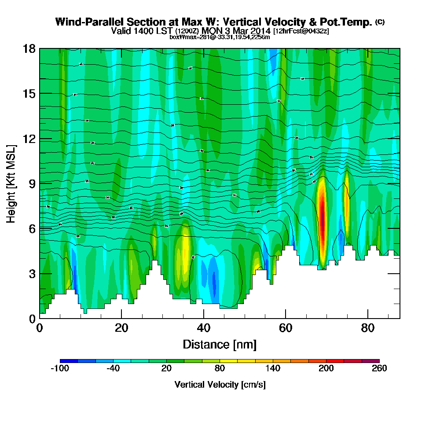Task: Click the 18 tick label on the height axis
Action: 29,48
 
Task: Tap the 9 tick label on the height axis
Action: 32,183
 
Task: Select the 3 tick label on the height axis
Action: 32,274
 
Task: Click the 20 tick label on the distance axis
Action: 121,328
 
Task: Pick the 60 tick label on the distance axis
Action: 286,328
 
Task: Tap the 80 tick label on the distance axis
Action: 367,328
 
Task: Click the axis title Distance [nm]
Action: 220,344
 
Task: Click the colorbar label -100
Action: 60,368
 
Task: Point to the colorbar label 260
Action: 379,368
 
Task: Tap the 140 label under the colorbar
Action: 272,368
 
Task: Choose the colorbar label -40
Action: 113,368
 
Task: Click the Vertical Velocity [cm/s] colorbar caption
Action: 220,385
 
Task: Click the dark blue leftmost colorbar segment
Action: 69,361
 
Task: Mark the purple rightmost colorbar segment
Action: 370,361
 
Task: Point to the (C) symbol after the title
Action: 380,22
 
